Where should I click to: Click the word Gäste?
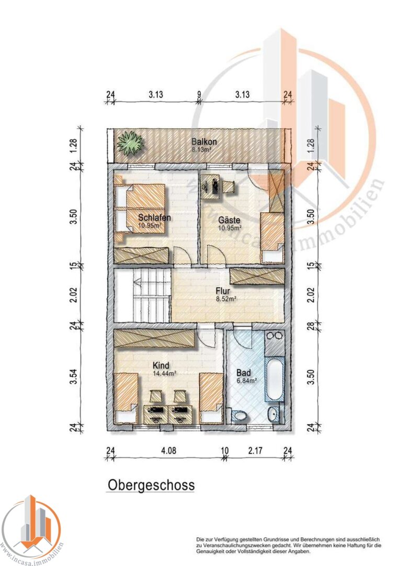point(229,220)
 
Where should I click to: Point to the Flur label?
point(223,291)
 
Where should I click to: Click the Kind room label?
point(161,365)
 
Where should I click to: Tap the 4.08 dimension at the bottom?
point(168,451)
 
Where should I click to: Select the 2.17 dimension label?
point(255,451)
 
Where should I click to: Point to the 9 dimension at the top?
point(199,94)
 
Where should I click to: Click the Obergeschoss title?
point(151,485)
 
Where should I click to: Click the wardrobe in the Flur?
point(257,276)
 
